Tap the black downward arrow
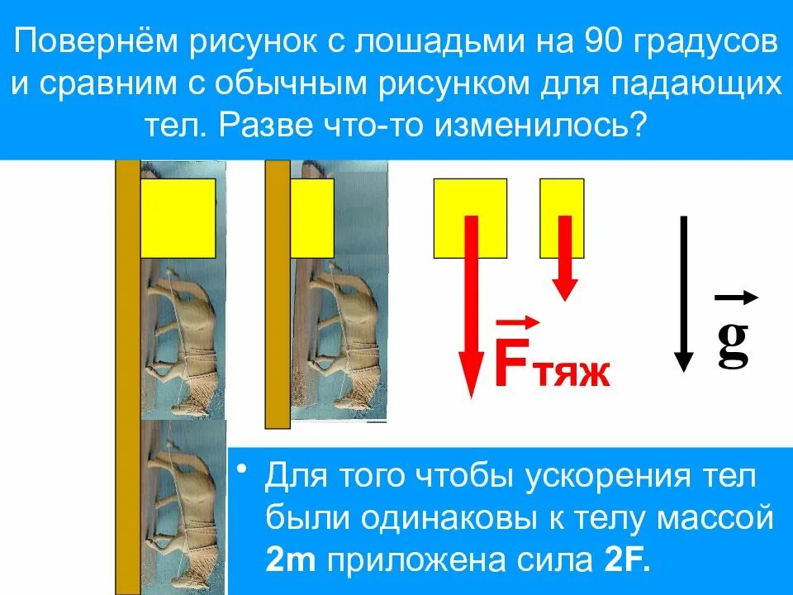pos(683,293)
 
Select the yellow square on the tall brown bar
pos(178,218)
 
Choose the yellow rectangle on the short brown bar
pos(311,218)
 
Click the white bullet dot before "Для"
pos(241,471)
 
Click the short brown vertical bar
pos(278,293)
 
